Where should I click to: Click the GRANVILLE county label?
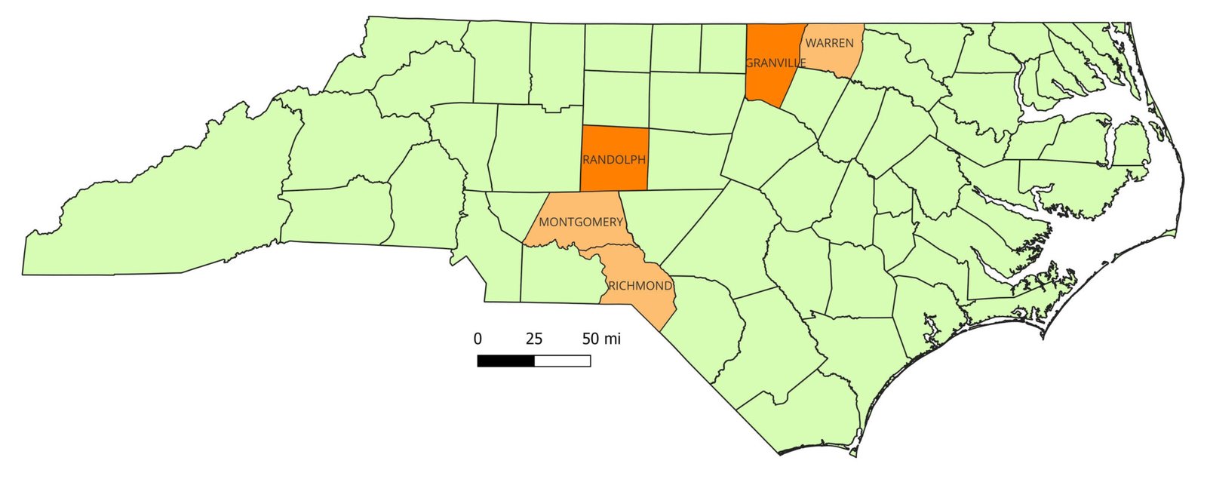click(775, 63)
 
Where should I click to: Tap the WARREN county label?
click(830, 43)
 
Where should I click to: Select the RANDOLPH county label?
click(613, 160)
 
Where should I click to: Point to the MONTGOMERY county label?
click(581, 222)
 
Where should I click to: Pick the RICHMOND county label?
click(640, 286)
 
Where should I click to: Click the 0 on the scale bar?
click(478, 339)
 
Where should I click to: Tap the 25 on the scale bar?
click(534, 339)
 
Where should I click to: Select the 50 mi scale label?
click(601, 339)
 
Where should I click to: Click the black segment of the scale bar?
click(505, 361)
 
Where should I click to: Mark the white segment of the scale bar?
click(562, 361)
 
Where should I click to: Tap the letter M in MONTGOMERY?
click(544, 222)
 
